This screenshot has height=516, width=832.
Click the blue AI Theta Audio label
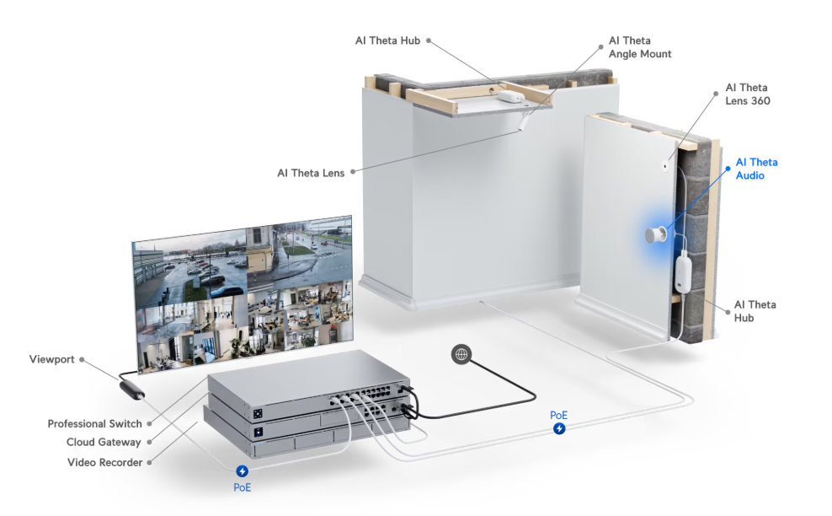(756, 169)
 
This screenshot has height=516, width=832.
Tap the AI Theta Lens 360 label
(747, 94)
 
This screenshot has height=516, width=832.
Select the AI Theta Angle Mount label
(640, 47)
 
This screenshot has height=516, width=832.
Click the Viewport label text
(51, 359)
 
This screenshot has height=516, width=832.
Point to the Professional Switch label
(95, 423)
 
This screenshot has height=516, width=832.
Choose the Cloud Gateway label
(104, 442)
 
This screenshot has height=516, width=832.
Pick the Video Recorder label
(104, 462)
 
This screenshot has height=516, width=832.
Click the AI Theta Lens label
(311, 173)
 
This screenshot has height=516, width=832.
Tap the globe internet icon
(461, 354)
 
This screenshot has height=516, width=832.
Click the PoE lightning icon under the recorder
(242, 470)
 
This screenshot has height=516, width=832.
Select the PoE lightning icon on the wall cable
(559, 428)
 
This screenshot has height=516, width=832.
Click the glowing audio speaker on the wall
(656, 234)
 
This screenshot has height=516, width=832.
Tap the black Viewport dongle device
(131, 389)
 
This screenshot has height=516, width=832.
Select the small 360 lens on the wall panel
(665, 166)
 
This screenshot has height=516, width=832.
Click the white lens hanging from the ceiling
(522, 123)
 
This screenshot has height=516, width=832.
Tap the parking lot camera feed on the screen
(190, 270)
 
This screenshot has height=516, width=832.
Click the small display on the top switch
(258, 413)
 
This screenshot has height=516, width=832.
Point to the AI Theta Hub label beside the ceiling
(387, 40)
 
